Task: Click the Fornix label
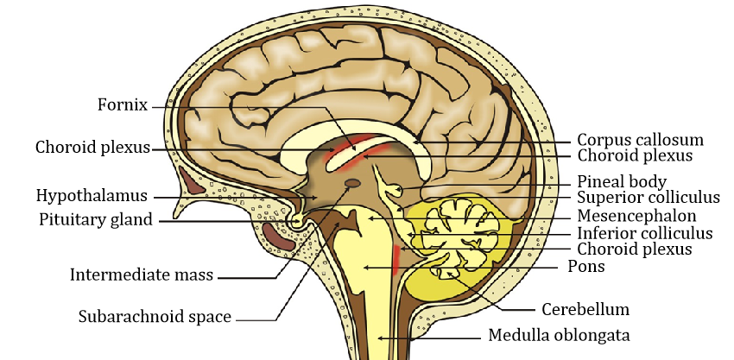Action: click(123, 106)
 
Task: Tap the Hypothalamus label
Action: click(92, 195)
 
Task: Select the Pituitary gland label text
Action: click(95, 219)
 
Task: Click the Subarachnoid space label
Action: click(155, 317)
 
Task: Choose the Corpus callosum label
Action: click(640, 139)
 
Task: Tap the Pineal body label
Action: click(621, 181)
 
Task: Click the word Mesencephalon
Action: click(637, 215)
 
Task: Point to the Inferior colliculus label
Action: click(645, 233)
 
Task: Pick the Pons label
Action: click(585, 267)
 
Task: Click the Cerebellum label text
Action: click(585, 308)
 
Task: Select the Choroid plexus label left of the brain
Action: click(92, 147)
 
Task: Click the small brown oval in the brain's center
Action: click(353, 183)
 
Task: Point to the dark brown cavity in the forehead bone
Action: click(195, 179)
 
